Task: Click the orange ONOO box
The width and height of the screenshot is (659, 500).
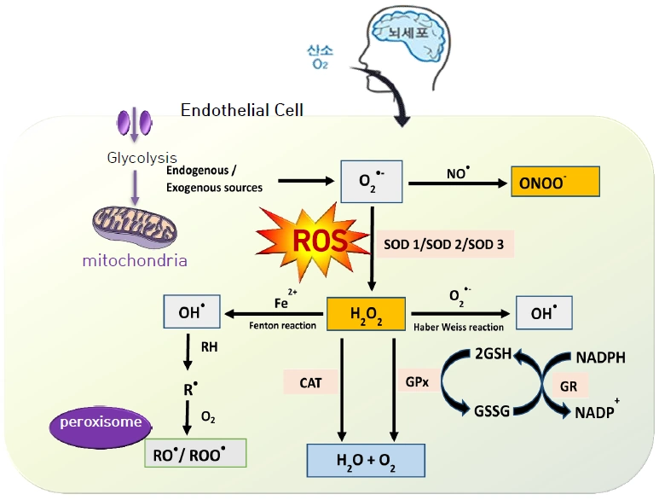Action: (555, 181)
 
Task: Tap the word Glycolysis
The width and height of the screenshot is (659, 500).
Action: (142, 158)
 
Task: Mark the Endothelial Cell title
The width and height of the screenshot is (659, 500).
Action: (242, 110)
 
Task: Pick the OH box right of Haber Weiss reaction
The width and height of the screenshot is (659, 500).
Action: (542, 313)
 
